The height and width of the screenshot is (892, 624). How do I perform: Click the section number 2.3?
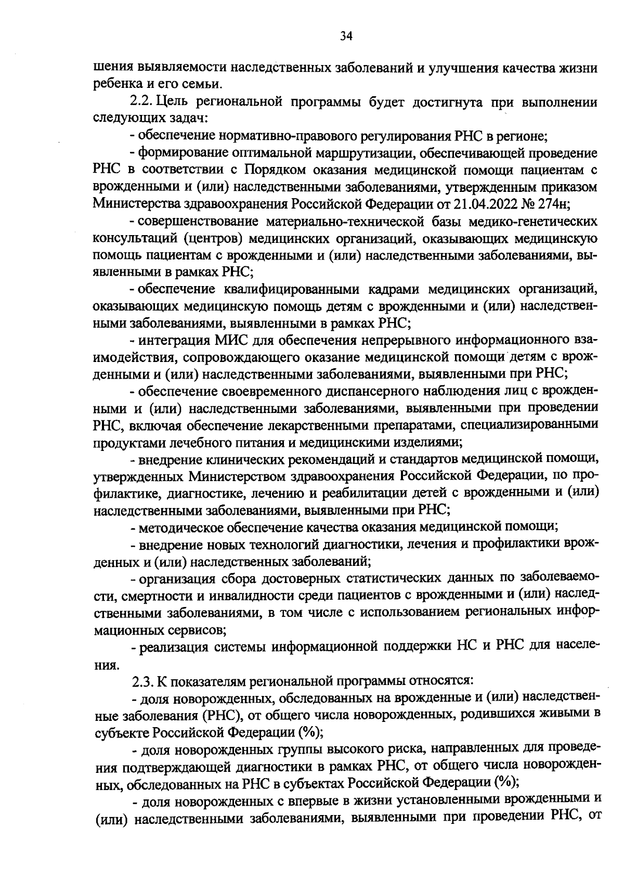[x=143, y=680]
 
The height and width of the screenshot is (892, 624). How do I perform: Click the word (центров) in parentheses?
[x=213, y=239]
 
